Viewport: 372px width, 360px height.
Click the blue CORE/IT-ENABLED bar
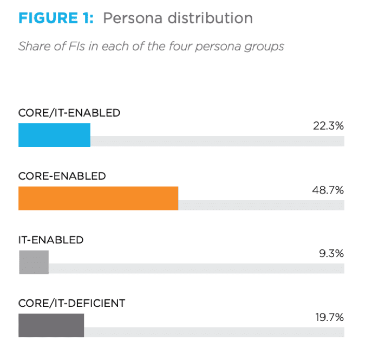54,135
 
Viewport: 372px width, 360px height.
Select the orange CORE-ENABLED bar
98,198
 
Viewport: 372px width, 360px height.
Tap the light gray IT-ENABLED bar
34,262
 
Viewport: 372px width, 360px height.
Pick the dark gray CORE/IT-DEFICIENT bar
51,325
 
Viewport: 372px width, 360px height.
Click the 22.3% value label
328,126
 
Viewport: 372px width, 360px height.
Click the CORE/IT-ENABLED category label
69,113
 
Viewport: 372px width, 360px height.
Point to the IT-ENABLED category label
51,240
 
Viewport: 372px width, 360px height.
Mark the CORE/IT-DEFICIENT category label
71,303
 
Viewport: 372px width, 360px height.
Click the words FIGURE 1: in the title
56,18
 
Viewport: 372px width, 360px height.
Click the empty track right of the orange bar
261,205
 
